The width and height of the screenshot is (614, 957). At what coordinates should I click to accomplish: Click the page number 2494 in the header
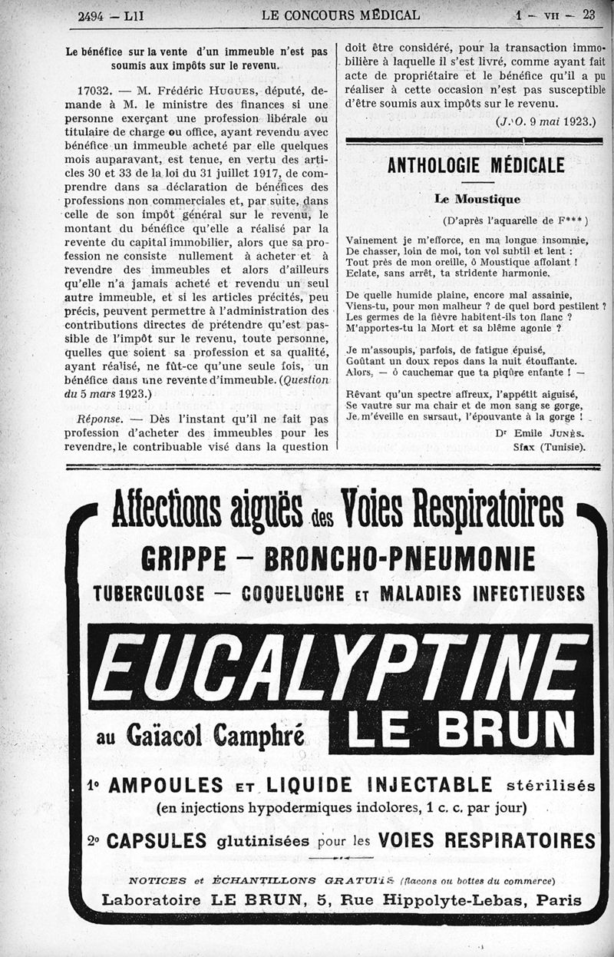point(94,15)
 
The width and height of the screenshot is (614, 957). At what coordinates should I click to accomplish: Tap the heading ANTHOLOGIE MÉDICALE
point(476,164)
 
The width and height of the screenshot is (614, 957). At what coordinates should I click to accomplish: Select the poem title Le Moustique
point(477,199)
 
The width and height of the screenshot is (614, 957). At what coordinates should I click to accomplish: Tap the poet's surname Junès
point(569,434)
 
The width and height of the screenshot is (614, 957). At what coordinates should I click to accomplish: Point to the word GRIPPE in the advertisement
point(184,559)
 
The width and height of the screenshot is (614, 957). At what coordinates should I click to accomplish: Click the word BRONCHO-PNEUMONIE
point(399,559)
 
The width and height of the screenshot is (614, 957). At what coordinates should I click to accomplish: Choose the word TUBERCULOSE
point(150,594)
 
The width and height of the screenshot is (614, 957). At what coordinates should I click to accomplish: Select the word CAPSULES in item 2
point(157,840)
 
